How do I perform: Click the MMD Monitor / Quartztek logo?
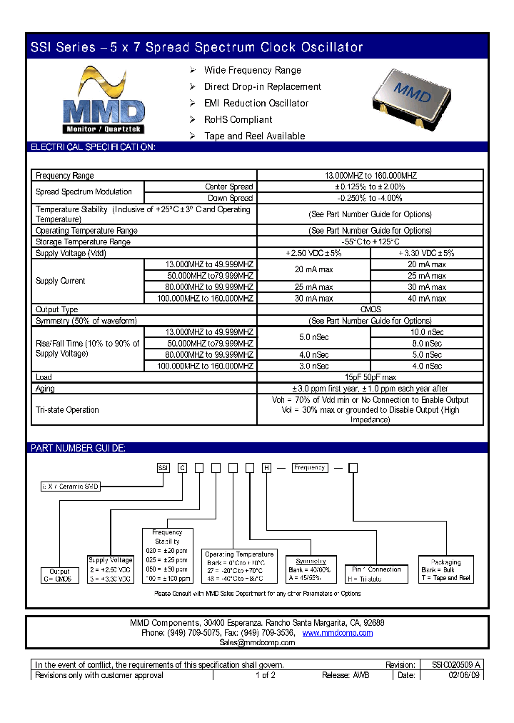tap(104, 101)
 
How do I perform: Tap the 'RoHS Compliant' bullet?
tap(238, 119)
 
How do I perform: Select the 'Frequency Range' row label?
tap(65, 175)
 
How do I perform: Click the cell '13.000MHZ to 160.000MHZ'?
tap(370, 175)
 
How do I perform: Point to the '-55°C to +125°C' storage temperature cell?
tap(370, 242)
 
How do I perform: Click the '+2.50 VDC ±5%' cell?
tap(313, 253)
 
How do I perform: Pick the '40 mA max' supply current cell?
tap(426, 299)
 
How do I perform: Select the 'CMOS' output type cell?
tap(370, 309)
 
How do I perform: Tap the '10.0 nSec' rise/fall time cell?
tap(426, 332)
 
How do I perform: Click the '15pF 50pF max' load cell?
tap(370, 377)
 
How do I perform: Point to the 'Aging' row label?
tap(45, 389)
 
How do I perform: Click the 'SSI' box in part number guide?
tap(163, 468)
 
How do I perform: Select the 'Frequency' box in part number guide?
tap(310, 467)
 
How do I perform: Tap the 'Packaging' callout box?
tap(446, 569)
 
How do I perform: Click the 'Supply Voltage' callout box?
tap(110, 569)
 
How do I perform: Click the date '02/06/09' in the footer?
tap(463, 675)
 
